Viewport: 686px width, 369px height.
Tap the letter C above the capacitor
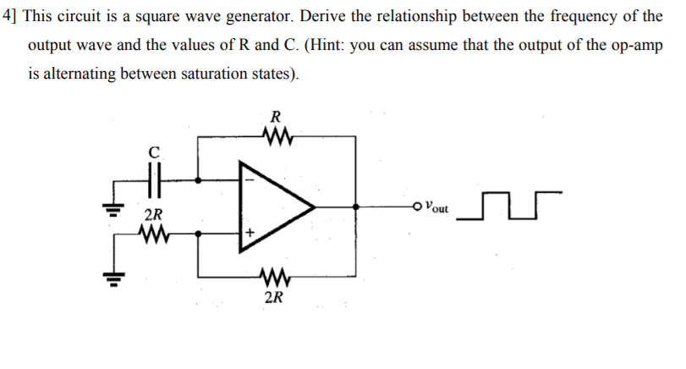pyautogui.click(x=153, y=152)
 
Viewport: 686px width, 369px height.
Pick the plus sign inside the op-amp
pyautogui.click(x=250, y=232)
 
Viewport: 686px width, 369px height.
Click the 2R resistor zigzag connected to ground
pyautogui.click(x=154, y=232)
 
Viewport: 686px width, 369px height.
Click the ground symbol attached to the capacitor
pyautogui.click(x=109, y=207)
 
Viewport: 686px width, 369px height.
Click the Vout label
pyautogui.click(x=437, y=206)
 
